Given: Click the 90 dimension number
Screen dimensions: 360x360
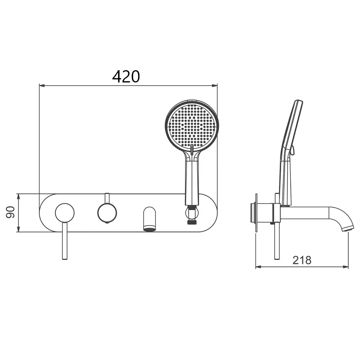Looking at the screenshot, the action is click(x=10, y=212).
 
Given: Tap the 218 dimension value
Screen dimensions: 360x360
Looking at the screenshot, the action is click(x=302, y=260).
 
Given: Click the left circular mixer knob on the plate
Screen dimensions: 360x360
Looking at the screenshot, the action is click(x=65, y=213).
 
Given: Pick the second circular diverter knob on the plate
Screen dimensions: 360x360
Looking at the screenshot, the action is click(x=107, y=213).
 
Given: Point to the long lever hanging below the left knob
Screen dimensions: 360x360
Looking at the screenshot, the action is click(x=65, y=241).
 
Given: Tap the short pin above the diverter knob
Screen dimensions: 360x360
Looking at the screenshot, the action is click(x=107, y=198).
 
